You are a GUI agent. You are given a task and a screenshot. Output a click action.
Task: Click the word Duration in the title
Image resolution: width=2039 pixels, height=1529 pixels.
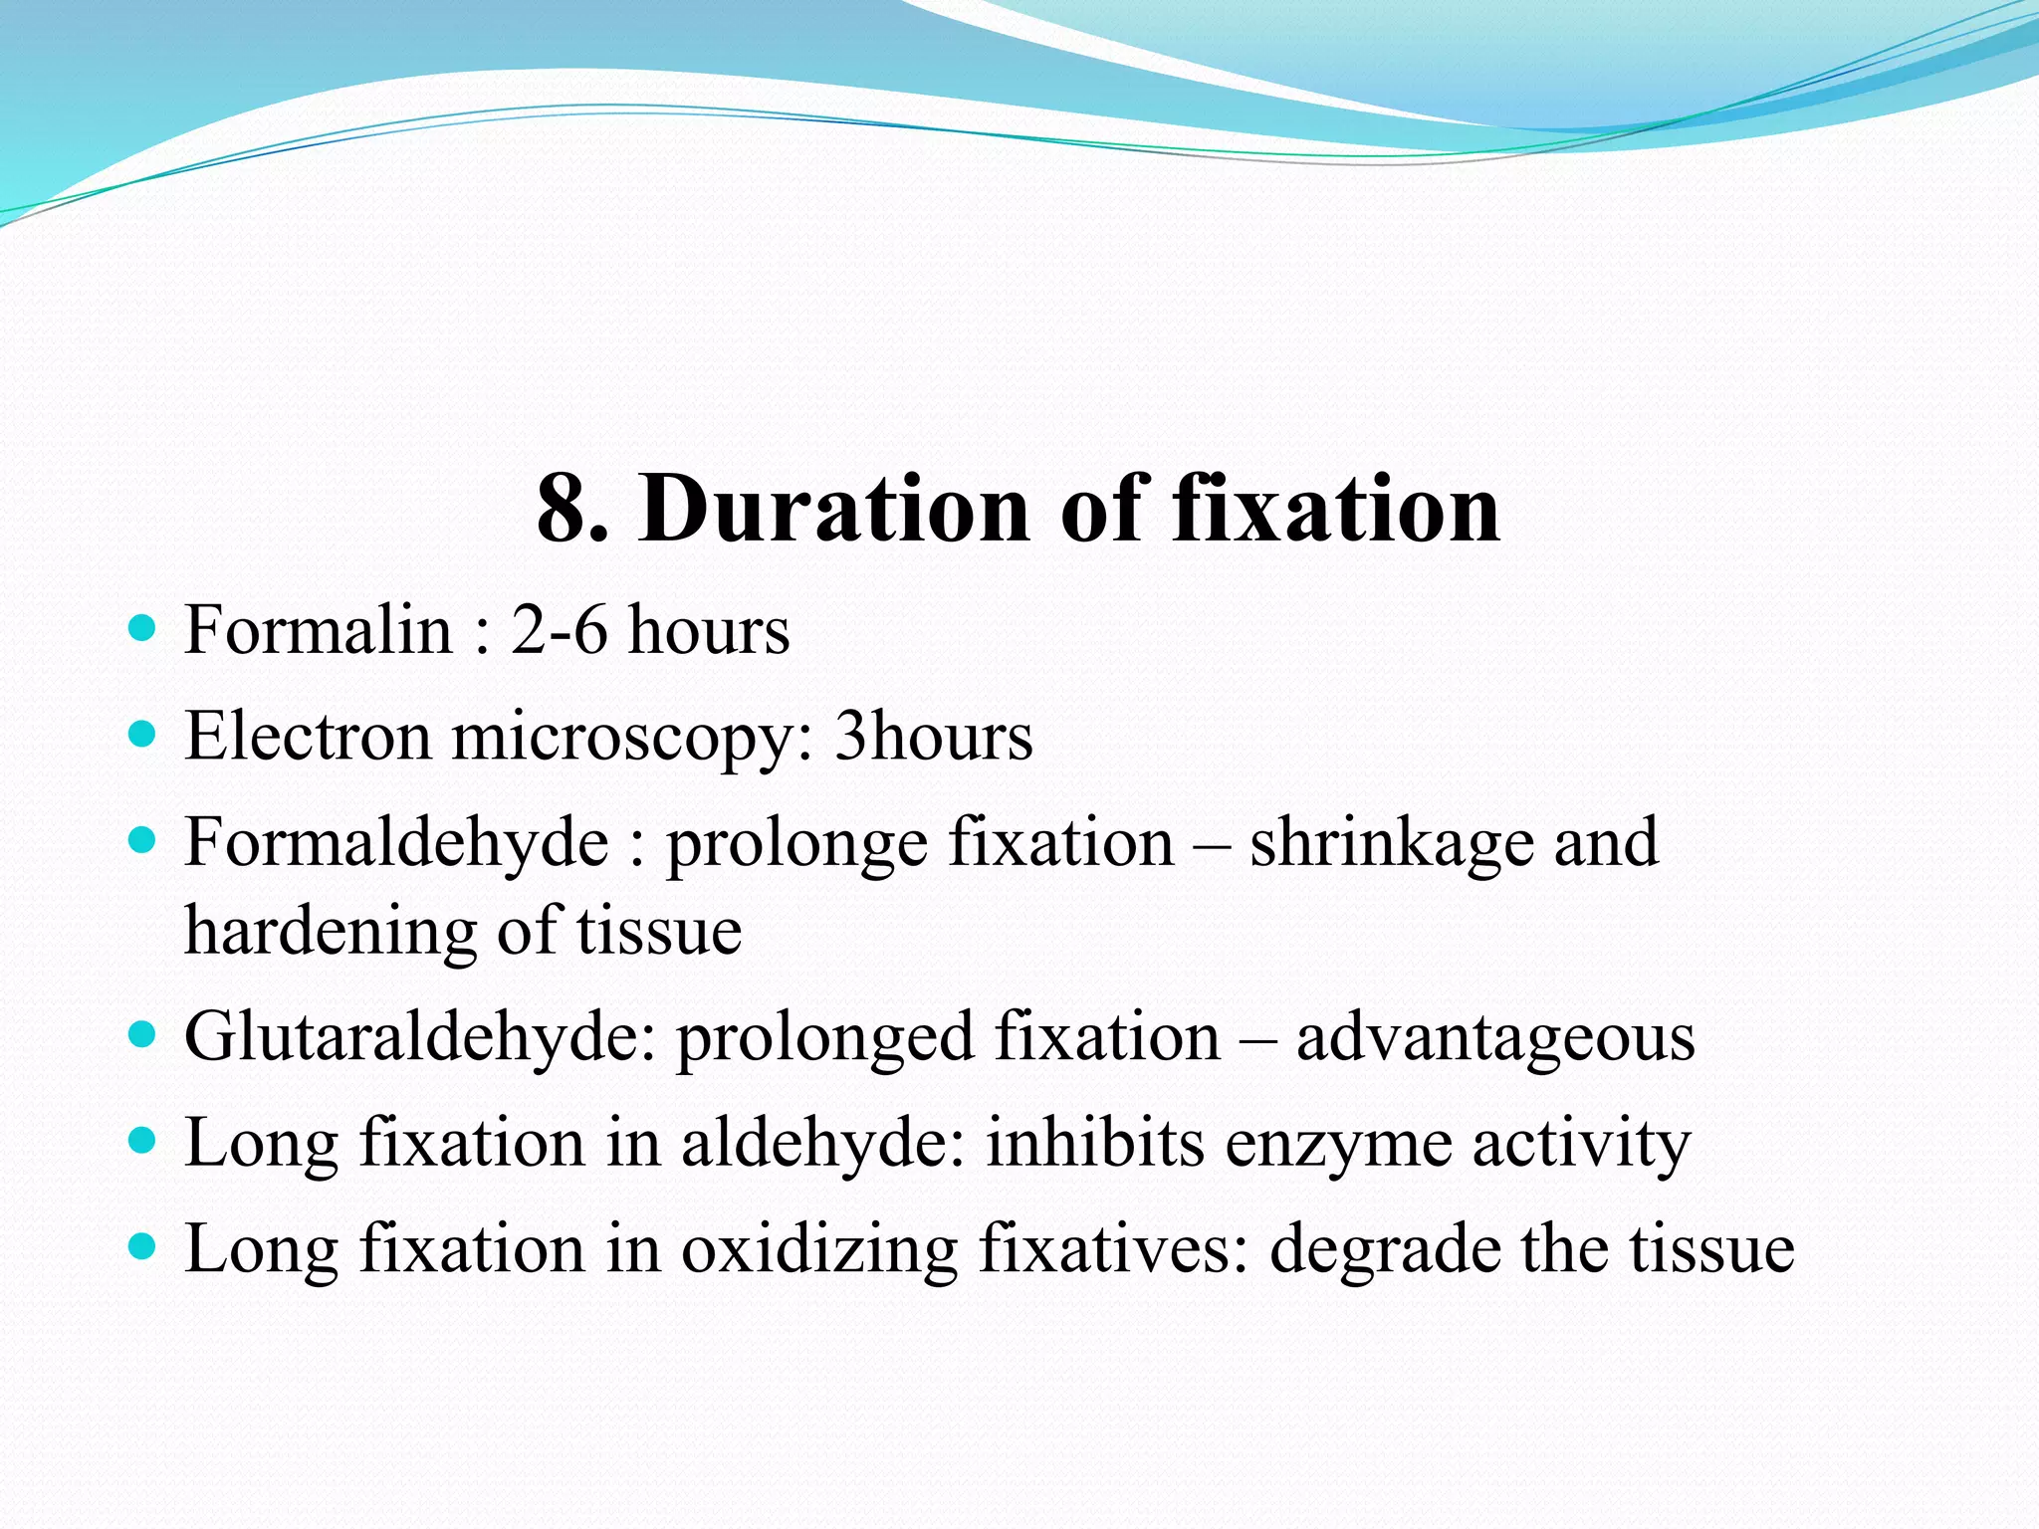[834, 510]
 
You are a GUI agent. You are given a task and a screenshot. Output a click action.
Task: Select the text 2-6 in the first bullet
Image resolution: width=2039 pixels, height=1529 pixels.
[559, 630]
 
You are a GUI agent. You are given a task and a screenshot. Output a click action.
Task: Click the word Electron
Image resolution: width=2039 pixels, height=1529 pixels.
[308, 737]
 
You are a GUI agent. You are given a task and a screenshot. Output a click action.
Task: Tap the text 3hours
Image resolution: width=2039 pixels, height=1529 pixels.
[933, 737]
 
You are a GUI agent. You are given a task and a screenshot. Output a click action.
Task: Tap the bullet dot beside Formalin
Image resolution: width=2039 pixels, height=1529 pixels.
[143, 629]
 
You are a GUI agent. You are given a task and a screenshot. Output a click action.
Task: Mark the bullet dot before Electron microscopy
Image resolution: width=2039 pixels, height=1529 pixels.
[143, 736]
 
